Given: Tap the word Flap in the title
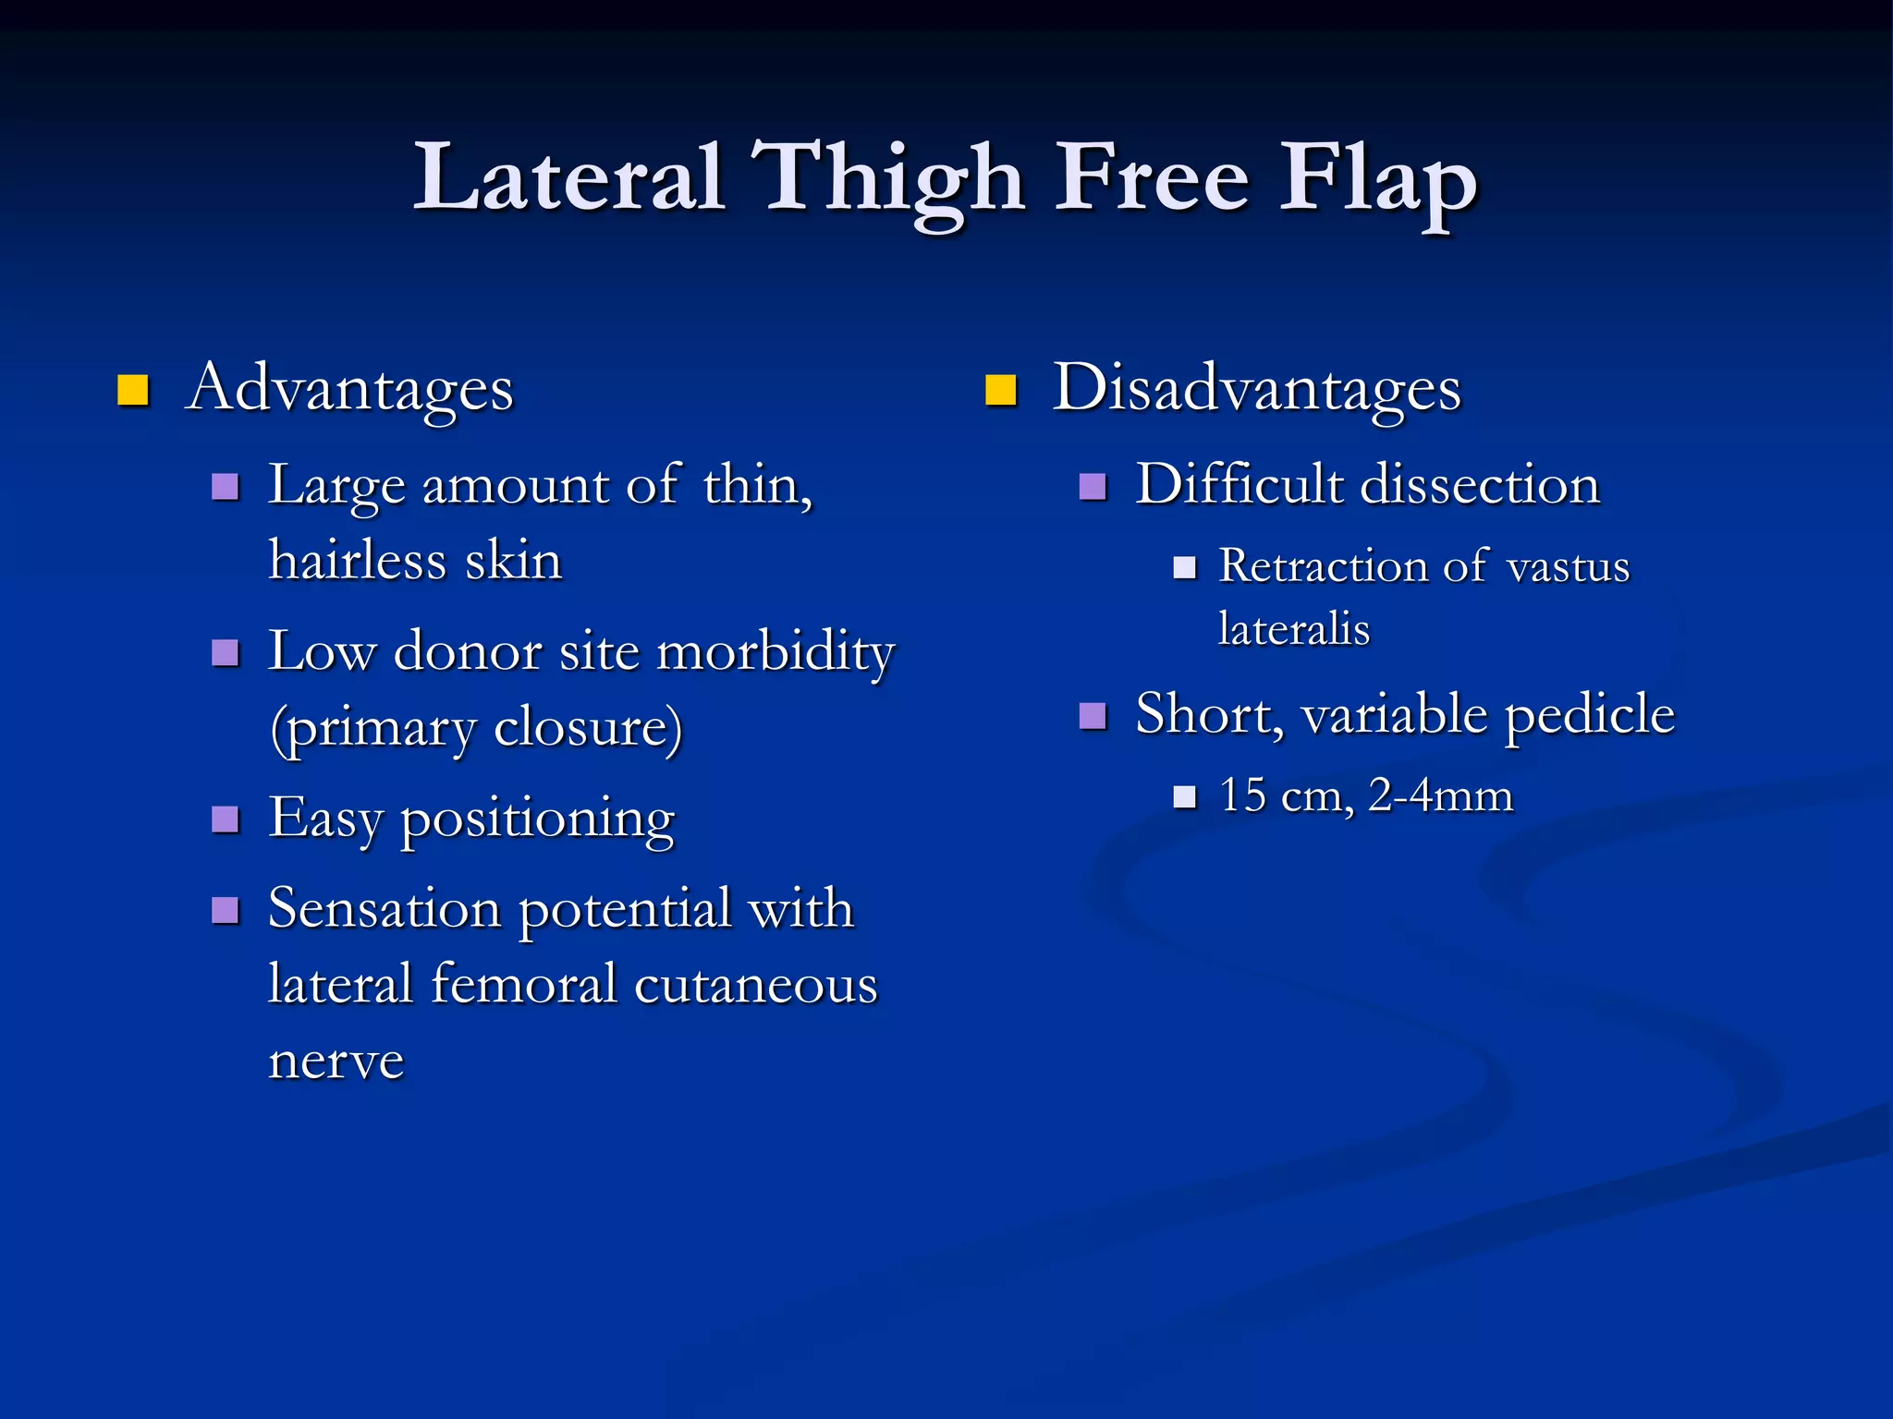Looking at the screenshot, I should coord(1377,180).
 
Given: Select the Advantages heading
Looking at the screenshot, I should coord(349,389).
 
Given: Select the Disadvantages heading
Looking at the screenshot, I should coord(1257,389).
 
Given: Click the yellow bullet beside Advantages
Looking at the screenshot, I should coord(133,391).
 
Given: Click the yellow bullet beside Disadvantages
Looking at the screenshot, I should coord(1000,391).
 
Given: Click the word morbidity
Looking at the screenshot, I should coord(776,652).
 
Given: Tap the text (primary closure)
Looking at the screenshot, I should coord(476,728).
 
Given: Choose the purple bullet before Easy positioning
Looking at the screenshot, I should coord(226,819).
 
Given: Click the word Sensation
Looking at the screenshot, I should coord(385,909).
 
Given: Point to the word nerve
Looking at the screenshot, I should coord(336,1061).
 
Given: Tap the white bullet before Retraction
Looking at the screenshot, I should coord(1184,567).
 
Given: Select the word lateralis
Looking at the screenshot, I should coord(1294,630).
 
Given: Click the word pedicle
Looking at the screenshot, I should coord(1589,715).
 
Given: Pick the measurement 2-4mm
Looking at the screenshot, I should coord(1440,795).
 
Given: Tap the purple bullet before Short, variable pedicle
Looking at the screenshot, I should coord(1093,716).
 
